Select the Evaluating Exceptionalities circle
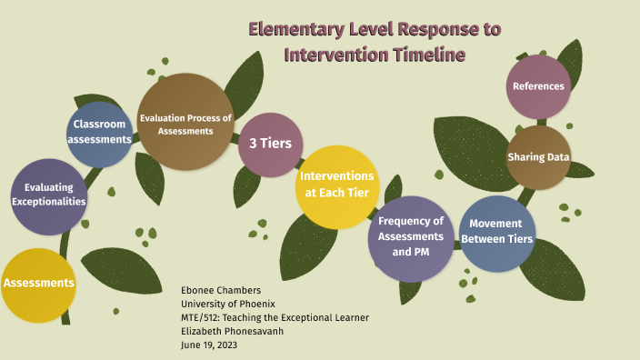pyautogui.click(x=49, y=195)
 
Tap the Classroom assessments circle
pyautogui.click(x=100, y=134)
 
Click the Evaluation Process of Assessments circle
pyautogui.click(x=185, y=123)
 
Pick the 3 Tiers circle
pyautogui.click(x=270, y=144)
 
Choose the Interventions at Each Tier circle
pyautogui.click(x=336, y=185)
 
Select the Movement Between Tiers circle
pyautogui.click(x=496, y=233)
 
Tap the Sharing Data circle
pyautogui.click(x=538, y=157)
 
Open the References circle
pyautogui.click(x=538, y=87)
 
